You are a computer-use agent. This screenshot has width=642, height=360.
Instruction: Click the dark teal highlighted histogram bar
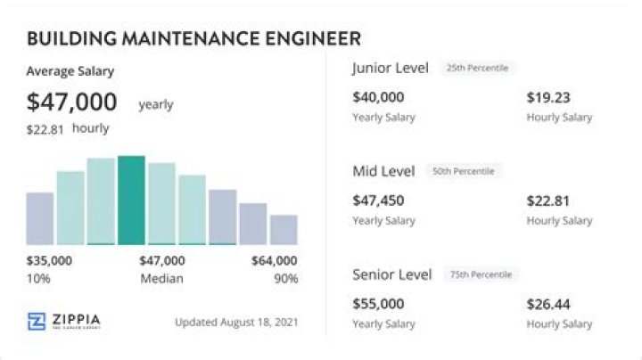pos(131,200)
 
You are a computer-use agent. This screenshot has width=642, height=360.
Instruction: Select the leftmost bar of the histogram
pos(40,218)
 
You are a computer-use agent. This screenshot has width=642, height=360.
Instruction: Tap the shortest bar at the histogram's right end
pos(284,229)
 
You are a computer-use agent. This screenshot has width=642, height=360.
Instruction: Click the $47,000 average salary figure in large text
pos(72,102)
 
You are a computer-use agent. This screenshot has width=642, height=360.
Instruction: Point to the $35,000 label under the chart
pos(49,261)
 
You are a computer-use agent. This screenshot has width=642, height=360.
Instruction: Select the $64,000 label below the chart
pos(274,261)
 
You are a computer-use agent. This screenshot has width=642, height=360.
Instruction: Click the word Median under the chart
pos(161,279)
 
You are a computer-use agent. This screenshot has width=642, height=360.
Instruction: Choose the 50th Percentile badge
pos(463,171)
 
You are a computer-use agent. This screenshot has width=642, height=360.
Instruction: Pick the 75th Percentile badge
pos(481,274)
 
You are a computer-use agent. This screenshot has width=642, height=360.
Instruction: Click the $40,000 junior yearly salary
pos(378,97)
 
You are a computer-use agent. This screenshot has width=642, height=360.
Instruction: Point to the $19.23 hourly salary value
pos(548,97)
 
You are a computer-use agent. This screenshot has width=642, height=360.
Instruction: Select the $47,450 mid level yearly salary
pos(378,200)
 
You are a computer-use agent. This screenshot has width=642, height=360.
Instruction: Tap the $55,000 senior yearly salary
pos(378,304)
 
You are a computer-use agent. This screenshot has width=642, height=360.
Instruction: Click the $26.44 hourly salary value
pos(548,304)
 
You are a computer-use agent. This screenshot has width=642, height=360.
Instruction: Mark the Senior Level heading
pos(392,274)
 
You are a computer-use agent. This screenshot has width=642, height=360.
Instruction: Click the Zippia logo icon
pos(37,322)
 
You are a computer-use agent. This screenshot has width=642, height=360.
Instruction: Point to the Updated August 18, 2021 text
pos(236,322)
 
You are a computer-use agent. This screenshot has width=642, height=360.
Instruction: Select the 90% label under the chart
pos(285,279)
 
